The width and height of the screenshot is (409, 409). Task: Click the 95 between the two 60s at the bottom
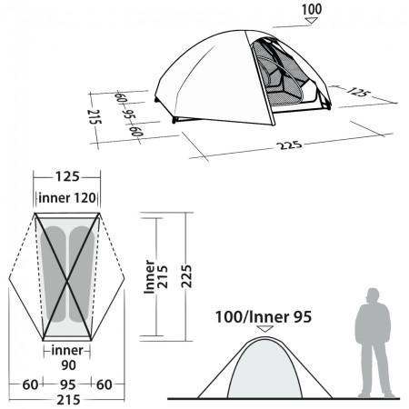(68, 384)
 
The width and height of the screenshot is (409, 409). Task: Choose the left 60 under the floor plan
(31, 384)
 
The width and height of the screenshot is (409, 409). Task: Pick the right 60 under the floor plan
(106, 384)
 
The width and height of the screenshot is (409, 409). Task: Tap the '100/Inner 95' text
(264, 318)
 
